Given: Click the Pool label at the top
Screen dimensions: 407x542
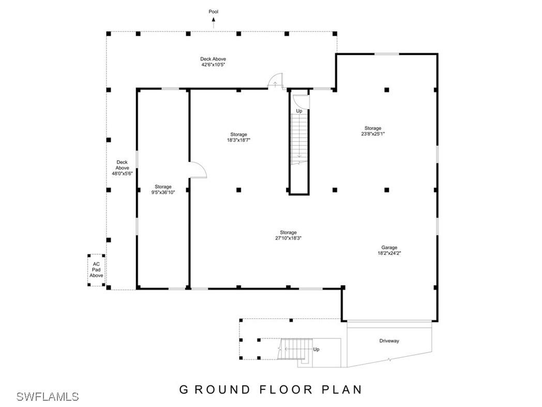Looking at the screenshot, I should tap(213, 11).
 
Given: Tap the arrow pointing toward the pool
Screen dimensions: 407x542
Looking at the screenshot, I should tap(213, 21).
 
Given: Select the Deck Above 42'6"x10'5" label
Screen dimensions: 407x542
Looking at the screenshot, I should tap(213, 62).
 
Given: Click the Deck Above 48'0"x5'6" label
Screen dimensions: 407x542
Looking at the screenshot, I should tap(122, 168).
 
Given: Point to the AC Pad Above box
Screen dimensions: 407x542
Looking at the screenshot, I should tap(96, 270).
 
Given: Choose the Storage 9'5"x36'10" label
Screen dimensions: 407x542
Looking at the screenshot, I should tap(163, 190).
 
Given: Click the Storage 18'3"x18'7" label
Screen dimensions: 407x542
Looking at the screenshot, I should tap(238, 137).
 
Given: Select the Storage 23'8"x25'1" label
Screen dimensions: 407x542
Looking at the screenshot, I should tap(372, 131).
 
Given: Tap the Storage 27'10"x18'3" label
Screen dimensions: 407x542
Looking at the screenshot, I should tap(288, 236).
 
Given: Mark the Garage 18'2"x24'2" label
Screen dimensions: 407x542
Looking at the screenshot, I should tap(389, 251).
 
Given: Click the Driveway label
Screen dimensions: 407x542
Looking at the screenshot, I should tap(389, 341).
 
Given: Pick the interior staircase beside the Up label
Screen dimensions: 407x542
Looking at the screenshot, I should tap(299, 137).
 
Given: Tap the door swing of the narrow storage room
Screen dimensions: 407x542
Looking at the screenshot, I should tap(198, 170).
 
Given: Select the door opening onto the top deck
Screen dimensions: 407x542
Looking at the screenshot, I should tap(275, 82).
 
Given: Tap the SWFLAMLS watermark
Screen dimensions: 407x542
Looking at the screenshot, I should tap(48, 397).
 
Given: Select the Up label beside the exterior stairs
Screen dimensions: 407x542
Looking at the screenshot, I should tap(317, 350).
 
